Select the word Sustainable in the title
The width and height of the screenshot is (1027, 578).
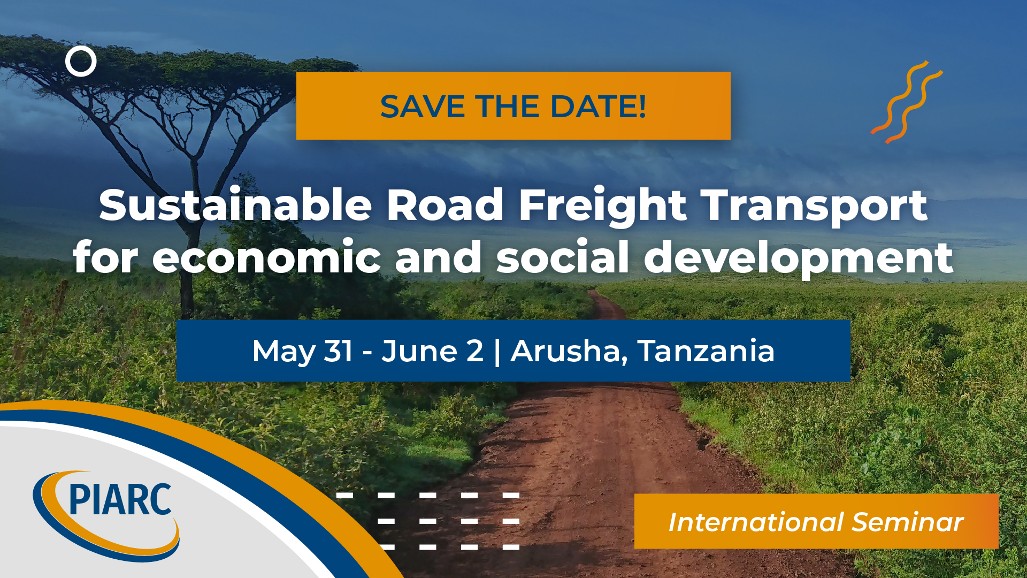pyautogui.click(x=235, y=205)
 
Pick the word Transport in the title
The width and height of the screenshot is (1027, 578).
pyautogui.click(x=815, y=206)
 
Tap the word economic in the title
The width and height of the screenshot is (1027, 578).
pyautogui.click(x=266, y=257)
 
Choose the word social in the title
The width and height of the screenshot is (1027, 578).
pyautogui.click(x=563, y=257)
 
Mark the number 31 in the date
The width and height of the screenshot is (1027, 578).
pyautogui.click(x=338, y=351)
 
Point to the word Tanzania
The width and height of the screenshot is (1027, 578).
pyautogui.click(x=706, y=351)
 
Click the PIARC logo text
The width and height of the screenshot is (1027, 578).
pyautogui.click(x=120, y=499)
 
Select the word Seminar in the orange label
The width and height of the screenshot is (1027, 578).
pyautogui.click(x=908, y=522)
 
